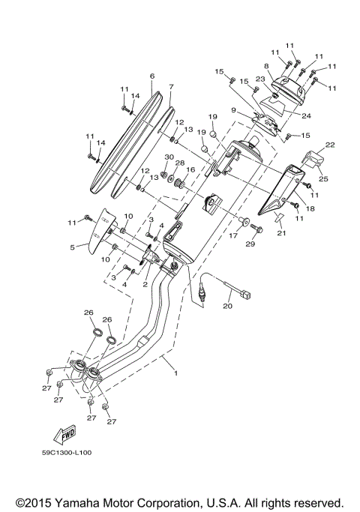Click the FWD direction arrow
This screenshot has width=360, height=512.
[65, 435]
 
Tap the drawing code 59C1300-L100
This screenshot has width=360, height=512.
[67, 453]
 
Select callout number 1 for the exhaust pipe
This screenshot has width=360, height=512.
[175, 373]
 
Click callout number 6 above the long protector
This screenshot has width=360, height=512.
[152, 76]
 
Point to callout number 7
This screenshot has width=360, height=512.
[171, 87]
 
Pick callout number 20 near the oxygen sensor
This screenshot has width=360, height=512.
[228, 307]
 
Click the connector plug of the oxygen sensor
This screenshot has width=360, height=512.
[245, 295]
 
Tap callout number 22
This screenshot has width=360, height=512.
[330, 145]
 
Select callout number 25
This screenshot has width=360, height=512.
[323, 178]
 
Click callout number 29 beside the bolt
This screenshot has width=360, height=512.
[250, 244]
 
